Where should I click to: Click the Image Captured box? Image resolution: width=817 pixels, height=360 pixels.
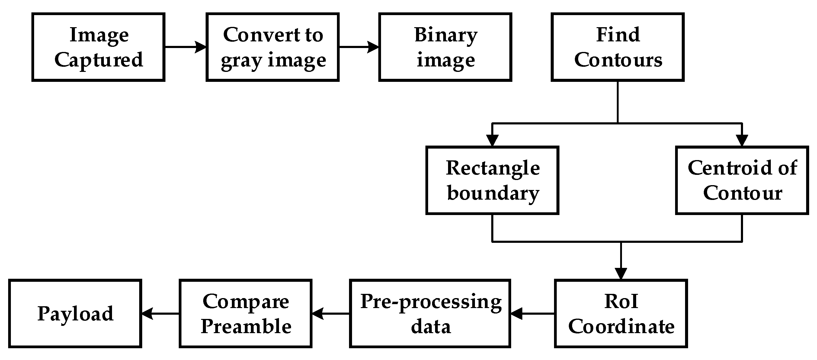[98, 47]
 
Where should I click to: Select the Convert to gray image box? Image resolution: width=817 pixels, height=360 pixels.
[272, 47]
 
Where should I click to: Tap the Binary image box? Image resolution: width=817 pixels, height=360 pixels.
[445, 47]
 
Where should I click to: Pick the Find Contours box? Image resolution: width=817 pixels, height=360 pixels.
[617, 47]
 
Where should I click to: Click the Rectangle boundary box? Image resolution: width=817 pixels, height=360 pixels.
[492, 181]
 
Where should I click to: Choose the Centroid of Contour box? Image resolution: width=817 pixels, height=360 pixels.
[742, 181]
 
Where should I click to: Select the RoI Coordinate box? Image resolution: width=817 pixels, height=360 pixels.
[621, 314]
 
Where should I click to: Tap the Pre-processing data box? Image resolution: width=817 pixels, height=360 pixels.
[430, 314]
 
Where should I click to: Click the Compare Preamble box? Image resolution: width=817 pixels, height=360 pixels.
[245, 314]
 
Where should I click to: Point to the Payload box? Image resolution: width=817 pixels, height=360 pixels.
[75, 314]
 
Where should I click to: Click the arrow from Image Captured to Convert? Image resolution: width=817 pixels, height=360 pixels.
[186, 47]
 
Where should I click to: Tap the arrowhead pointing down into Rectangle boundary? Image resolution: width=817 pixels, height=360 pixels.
[492, 140]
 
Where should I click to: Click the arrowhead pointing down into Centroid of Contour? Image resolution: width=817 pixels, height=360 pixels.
[742, 140]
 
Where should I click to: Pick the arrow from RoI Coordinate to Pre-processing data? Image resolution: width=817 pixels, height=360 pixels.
[533, 314]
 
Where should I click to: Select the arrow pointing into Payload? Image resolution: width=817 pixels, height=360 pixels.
[160, 314]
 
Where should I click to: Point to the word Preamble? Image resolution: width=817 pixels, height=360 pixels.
[246, 326]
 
